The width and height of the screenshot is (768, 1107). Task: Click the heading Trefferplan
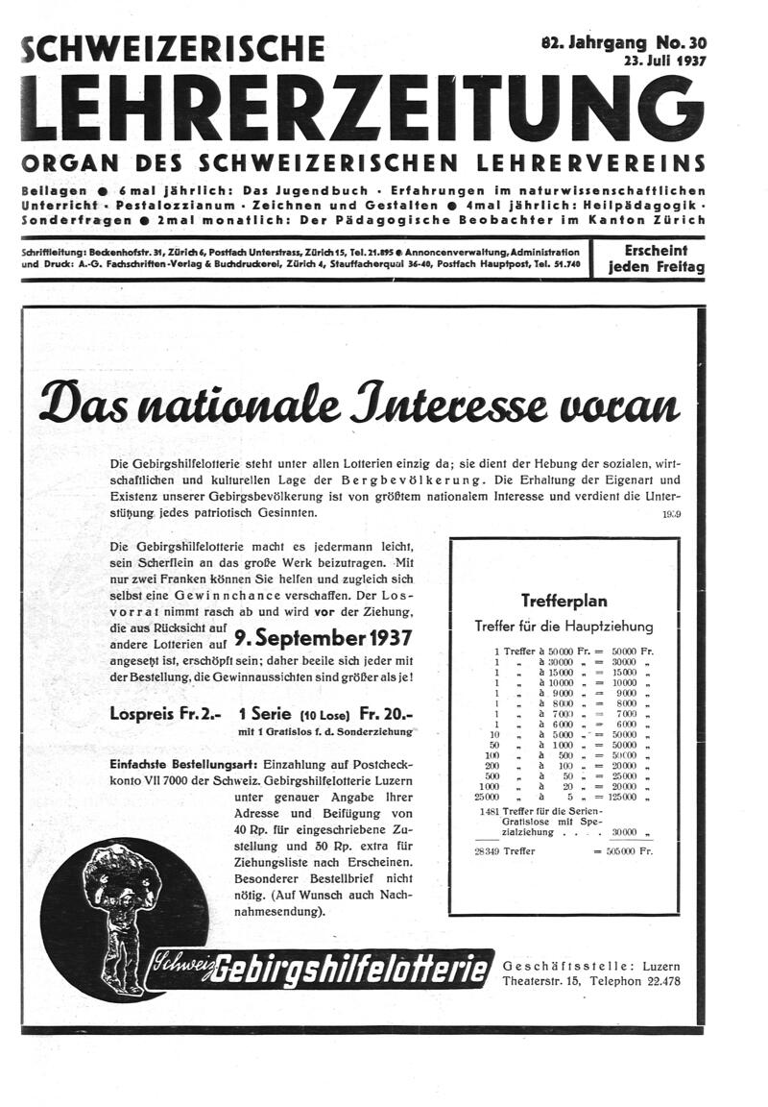pos(564,601)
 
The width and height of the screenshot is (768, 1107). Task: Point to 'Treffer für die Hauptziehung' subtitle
pos(564,627)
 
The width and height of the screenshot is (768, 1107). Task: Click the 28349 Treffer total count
pos(506,850)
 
